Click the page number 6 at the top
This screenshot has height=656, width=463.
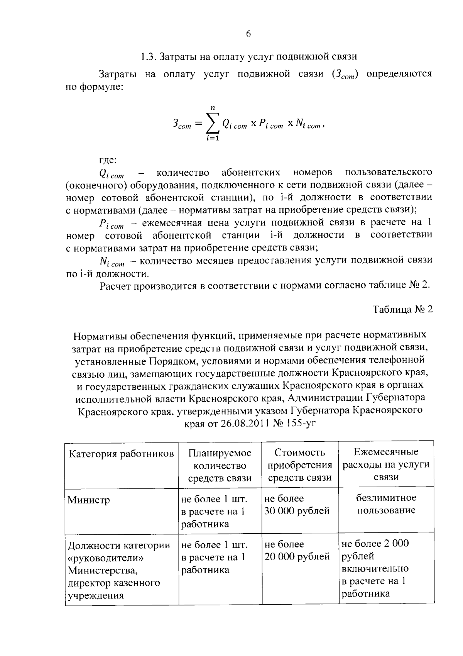pyautogui.click(x=248, y=34)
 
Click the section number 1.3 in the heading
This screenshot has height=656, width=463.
pyautogui.click(x=148, y=57)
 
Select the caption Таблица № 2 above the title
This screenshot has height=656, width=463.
pyautogui.click(x=402, y=310)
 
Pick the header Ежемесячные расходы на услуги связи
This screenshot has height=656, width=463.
pyautogui.click(x=386, y=464)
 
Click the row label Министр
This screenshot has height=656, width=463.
pyautogui.click(x=89, y=500)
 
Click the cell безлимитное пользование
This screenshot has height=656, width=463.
pyautogui.click(x=386, y=504)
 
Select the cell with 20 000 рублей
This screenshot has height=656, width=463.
pyautogui.click(x=297, y=557)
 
